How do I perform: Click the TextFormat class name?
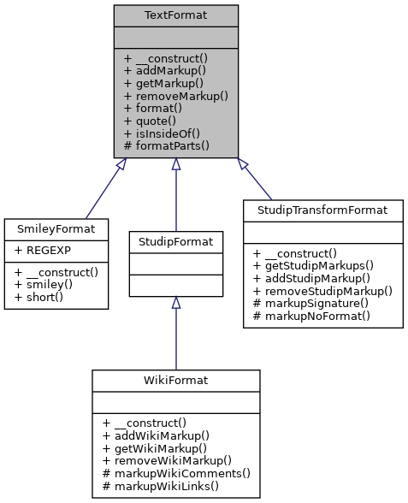pyautogui.click(x=175, y=15)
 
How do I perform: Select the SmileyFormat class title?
pyautogui.click(x=56, y=228)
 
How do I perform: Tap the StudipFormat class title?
pyautogui.click(x=176, y=240)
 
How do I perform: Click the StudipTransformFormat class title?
pyautogui.click(x=322, y=210)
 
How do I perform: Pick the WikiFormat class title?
pyautogui.click(x=176, y=380)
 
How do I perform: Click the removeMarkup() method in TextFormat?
pyautogui.click(x=175, y=97)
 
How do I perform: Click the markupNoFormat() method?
pyautogui.click(x=316, y=316)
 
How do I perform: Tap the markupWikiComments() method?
pyautogui.click(x=176, y=473)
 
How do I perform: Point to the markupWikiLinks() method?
pyautogui.click(x=161, y=486)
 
